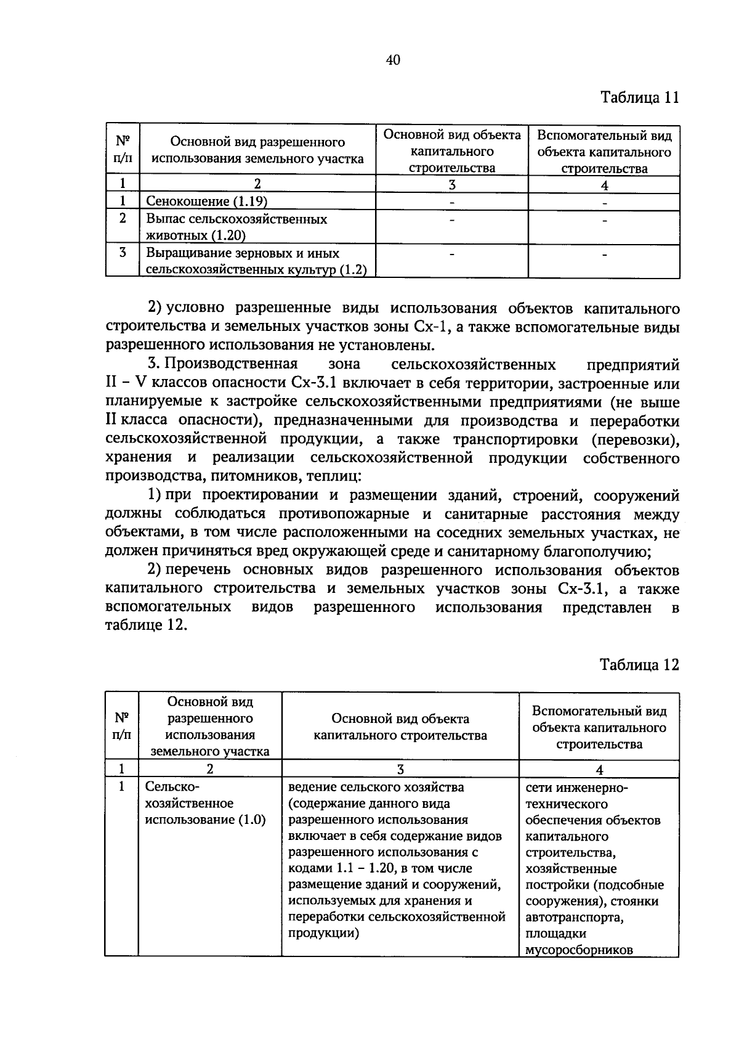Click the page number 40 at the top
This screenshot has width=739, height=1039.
tap(394, 60)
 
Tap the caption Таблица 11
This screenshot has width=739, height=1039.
tap(639, 98)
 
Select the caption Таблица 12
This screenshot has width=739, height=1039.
tap(639, 665)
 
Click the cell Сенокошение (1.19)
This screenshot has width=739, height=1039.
tap(207, 202)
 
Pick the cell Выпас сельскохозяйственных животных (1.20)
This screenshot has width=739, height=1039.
tap(236, 227)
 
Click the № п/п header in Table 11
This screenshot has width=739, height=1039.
tap(123, 149)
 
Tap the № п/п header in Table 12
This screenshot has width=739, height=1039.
tap(121, 726)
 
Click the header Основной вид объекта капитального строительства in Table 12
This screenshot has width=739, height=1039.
tap(400, 727)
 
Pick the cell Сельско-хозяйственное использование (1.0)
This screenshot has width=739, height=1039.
tap(205, 804)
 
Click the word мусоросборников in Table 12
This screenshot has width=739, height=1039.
tap(579, 950)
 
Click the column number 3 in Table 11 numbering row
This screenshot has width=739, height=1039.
tap(452, 185)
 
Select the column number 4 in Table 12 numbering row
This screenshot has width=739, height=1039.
tap(599, 769)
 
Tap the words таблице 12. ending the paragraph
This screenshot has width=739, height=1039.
tap(145, 625)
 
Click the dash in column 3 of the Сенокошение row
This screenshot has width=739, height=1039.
tap(452, 202)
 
